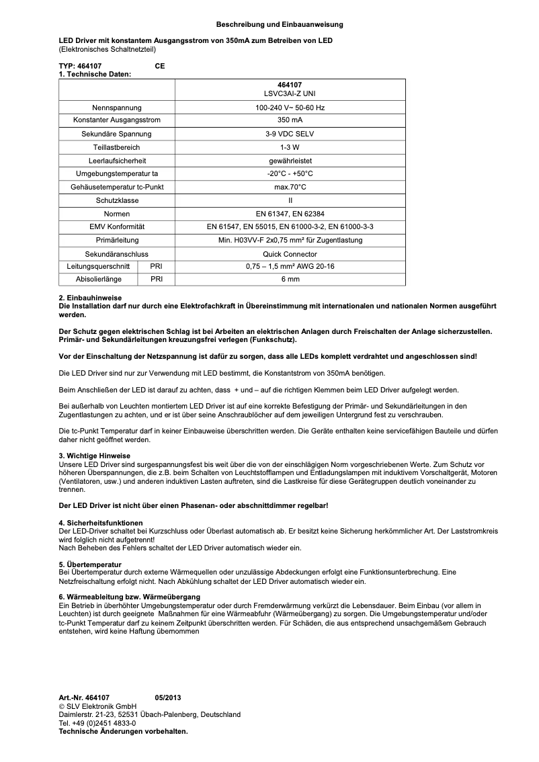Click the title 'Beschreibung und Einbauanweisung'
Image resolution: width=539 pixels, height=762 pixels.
tap(280, 24)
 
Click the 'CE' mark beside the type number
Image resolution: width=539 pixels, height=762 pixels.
tap(159, 67)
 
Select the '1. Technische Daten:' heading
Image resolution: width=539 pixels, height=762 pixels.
tap(95, 74)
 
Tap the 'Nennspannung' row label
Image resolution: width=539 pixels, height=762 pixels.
tap(117, 108)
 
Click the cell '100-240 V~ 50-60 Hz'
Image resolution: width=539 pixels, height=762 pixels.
tap(290, 108)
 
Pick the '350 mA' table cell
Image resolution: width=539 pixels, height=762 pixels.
tap(290, 120)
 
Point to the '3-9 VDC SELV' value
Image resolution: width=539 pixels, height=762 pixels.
tap(290, 134)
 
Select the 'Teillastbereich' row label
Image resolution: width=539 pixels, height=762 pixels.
tap(117, 146)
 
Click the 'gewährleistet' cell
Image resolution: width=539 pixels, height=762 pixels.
tap(290, 160)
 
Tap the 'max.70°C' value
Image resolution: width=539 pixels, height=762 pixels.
tap(290, 187)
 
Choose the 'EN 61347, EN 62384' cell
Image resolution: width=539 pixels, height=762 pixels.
tap(290, 213)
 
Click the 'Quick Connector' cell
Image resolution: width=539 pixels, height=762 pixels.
tap(290, 255)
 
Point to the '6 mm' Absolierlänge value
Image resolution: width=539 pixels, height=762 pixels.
tap(290, 279)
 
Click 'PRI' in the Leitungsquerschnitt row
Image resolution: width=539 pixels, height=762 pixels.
tap(156, 267)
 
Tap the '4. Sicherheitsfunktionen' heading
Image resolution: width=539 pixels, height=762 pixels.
tap(101, 523)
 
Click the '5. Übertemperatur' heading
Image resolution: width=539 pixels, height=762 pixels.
tap(90, 564)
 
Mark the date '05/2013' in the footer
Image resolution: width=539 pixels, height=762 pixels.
tap(167, 698)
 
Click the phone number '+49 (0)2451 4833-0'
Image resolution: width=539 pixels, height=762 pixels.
tap(103, 723)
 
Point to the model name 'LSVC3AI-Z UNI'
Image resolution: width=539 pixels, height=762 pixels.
tap(290, 93)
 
